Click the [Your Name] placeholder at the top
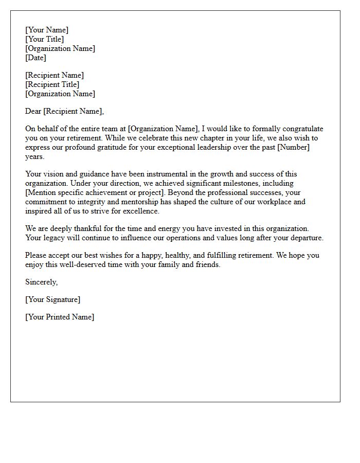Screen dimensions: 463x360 pyautogui.click(x=47, y=30)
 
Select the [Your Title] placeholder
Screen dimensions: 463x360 pyautogui.click(x=45, y=39)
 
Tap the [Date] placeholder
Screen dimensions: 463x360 pyautogui.click(x=35, y=58)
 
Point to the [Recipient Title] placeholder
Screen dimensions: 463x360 pyautogui.click(x=52, y=84)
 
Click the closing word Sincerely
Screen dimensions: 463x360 pyautogui.click(x=42, y=282)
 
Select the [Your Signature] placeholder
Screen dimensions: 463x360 pyautogui.click(x=53, y=299)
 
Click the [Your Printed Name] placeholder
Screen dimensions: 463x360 pyautogui.click(x=60, y=317)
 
